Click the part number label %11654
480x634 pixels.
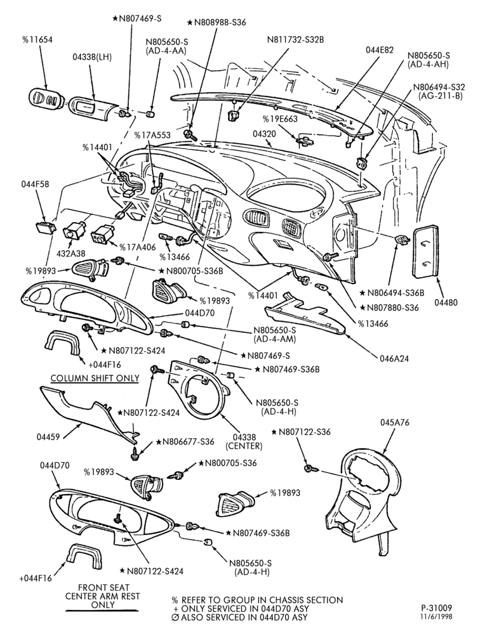pyautogui.click(x=37, y=40)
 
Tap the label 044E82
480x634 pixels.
pyautogui.click(x=380, y=50)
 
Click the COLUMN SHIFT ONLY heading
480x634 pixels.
pyautogui.click(x=95, y=378)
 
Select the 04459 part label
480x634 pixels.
pyautogui.click(x=48, y=437)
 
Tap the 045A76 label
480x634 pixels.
pyautogui.click(x=394, y=422)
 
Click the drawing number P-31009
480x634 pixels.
pyautogui.click(x=436, y=608)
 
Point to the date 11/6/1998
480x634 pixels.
pyautogui.click(x=436, y=617)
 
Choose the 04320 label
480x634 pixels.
pyautogui.click(x=264, y=133)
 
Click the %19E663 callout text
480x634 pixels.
pyautogui.click(x=280, y=119)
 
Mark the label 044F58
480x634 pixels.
pyautogui.click(x=36, y=184)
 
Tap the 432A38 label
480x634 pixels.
pyautogui.click(x=70, y=254)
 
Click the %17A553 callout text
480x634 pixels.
pyautogui.click(x=152, y=136)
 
